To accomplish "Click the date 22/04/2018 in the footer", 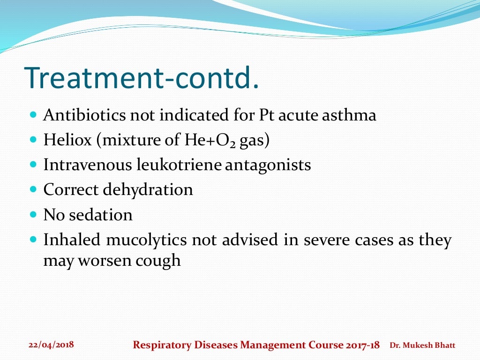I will [x=51, y=345].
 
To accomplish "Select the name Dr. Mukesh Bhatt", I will [x=422, y=345].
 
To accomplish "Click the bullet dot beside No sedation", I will [x=32, y=215].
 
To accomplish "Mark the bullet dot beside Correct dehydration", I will [x=32, y=190].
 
